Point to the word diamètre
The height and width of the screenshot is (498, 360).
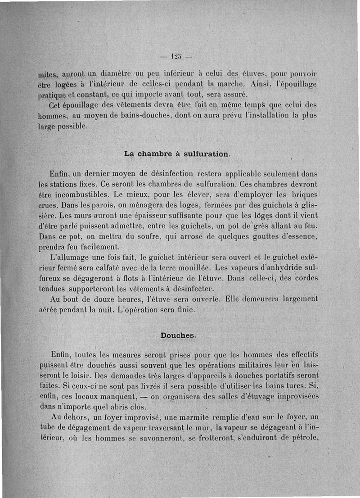[x=105, y=74]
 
